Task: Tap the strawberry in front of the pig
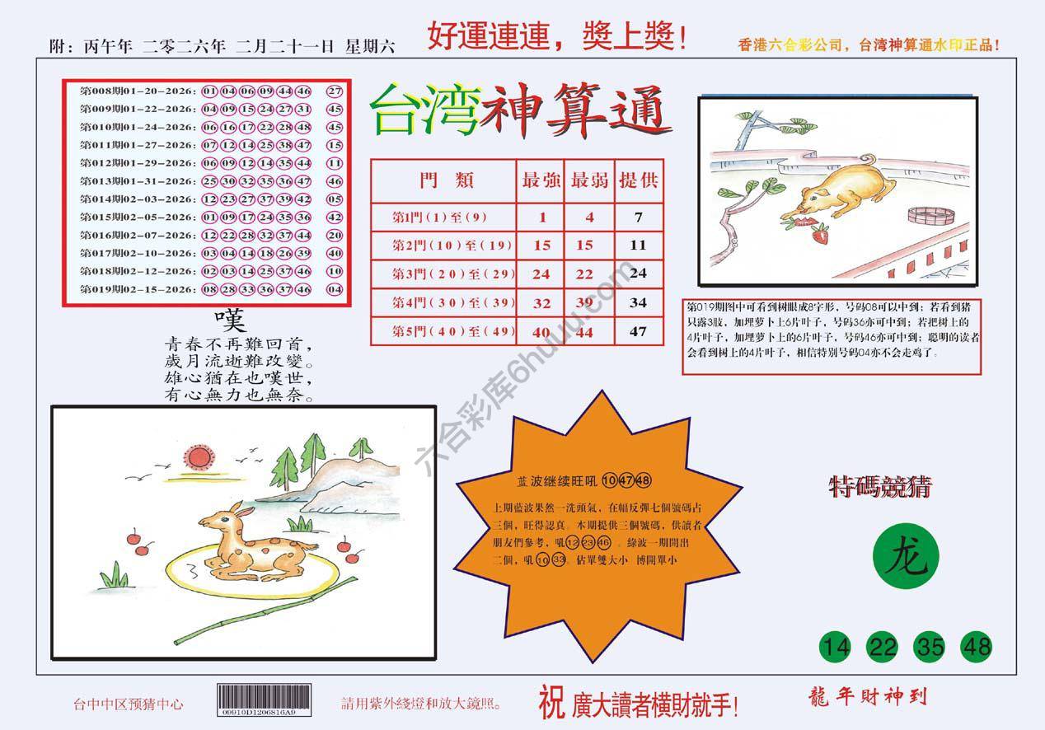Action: (821, 236)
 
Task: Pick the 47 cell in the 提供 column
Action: (638, 332)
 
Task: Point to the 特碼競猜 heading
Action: (880, 488)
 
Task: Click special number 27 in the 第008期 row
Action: (335, 91)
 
